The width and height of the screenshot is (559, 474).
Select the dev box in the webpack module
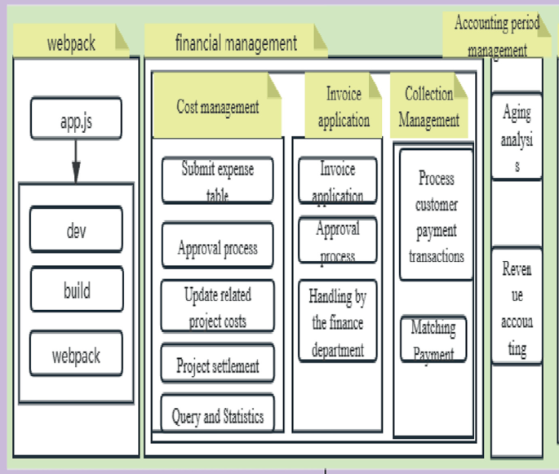(x=76, y=229)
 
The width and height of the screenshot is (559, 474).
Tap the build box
(x=76, y=290)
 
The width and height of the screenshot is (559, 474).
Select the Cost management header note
(x=217, y=105)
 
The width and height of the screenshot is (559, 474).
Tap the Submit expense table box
(x=217, y=179)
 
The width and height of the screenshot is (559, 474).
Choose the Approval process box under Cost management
(x=217, y=246)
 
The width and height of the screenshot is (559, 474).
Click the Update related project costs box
(x=217, y=306)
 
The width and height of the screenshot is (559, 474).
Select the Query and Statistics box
(x=217, y=416)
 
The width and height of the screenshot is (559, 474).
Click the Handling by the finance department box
(x=337, y=322)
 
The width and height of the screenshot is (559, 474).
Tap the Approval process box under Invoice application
(x=337, y=240)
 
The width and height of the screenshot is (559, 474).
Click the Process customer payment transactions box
(x=436, y=215)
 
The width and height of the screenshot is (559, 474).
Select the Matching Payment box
(x=433, y=339)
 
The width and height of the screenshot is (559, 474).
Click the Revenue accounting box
(x=517, y=308)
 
